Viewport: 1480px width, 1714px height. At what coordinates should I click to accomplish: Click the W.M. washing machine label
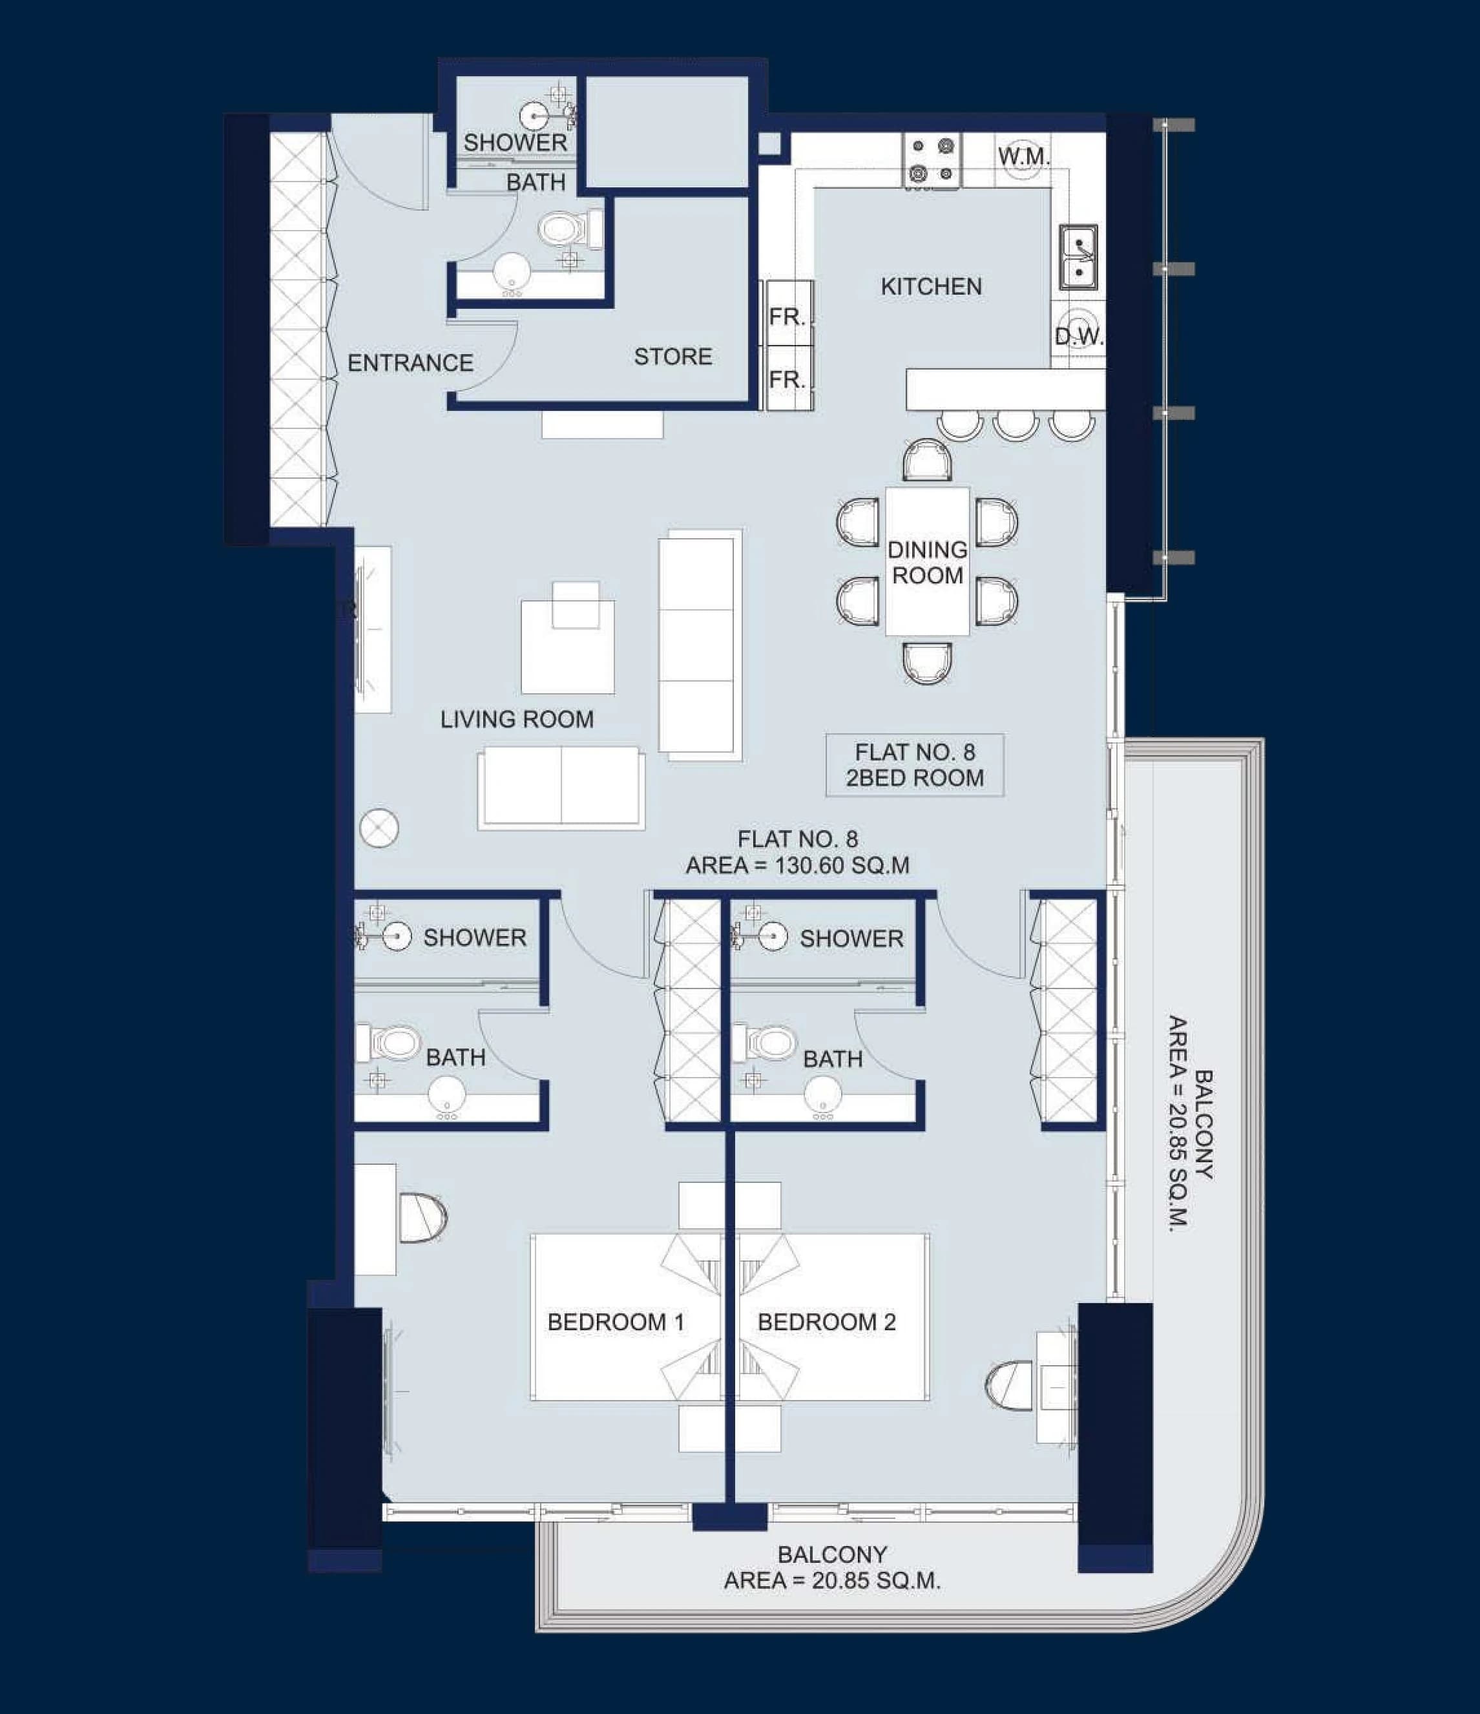click(1023, 156)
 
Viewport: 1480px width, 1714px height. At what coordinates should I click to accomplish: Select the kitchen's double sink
click(1079, 257)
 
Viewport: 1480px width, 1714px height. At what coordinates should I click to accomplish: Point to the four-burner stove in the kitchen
click(932, 160)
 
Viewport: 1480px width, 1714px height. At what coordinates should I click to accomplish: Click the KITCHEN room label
click(931, 286)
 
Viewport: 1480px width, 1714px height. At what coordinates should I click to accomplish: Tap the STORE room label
click(672, 357)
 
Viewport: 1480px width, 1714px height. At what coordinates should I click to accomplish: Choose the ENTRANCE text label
click(410, 362)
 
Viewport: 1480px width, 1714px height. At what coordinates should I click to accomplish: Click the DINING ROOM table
click(928, 561)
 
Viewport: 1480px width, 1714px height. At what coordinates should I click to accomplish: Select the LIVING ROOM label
click(517, 719)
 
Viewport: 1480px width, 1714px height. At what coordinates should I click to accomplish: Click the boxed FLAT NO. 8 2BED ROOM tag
click(915, 765)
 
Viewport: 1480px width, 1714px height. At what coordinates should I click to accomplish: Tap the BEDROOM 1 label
click(616, 1322)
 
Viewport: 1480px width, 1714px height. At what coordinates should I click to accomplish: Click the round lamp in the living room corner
click(380, 827)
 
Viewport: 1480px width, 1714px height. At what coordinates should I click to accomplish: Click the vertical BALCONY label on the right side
click(1192, 1125)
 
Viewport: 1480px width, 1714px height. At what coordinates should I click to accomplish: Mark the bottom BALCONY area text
click(832, 1567)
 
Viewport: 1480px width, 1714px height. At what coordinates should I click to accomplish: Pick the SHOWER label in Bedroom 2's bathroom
click(851, 938)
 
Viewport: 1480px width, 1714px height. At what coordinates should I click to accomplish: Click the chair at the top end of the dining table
click(928, 460)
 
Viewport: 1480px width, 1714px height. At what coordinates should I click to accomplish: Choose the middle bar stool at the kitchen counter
click(1016, 424)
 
